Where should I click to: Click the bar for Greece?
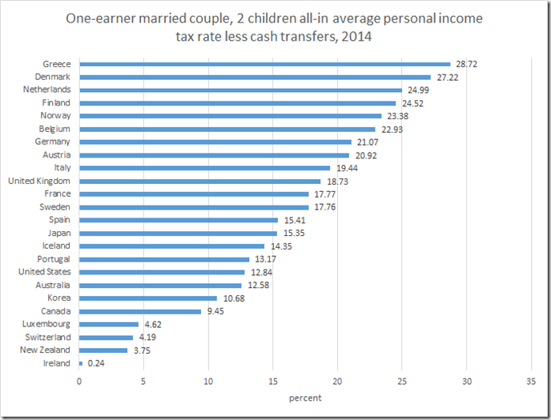coord(264,64)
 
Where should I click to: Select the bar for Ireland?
coord(81,363)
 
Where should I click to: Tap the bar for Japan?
coord(178,233)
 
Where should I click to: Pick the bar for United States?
coord(162,272)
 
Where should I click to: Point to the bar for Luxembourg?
coord(109,324)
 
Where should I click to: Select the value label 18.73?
coord(336,181)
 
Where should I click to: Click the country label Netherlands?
coord(47,90)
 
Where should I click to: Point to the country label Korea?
coord(58,298)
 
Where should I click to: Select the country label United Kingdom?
coord(39,181)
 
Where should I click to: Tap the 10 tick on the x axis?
coord(208,381)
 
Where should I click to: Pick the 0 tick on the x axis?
coord(79,381)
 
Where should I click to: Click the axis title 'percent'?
coord(305,398)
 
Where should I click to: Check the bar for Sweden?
coord(194,207)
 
